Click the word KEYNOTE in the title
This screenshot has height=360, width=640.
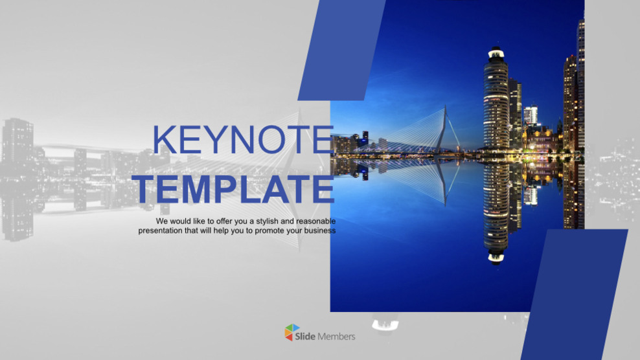click(x=243, y=139)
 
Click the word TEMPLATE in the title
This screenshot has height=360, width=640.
click(x=234, y=189)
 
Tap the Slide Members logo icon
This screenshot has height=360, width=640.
click(x=293, y=333)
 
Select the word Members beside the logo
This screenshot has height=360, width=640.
click(x=336, y=336)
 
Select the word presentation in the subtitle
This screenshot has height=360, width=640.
click(x=161, y=231)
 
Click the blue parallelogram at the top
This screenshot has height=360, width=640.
click(x=341, y=50)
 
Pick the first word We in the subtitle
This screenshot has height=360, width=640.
click(x=162, y=221)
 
